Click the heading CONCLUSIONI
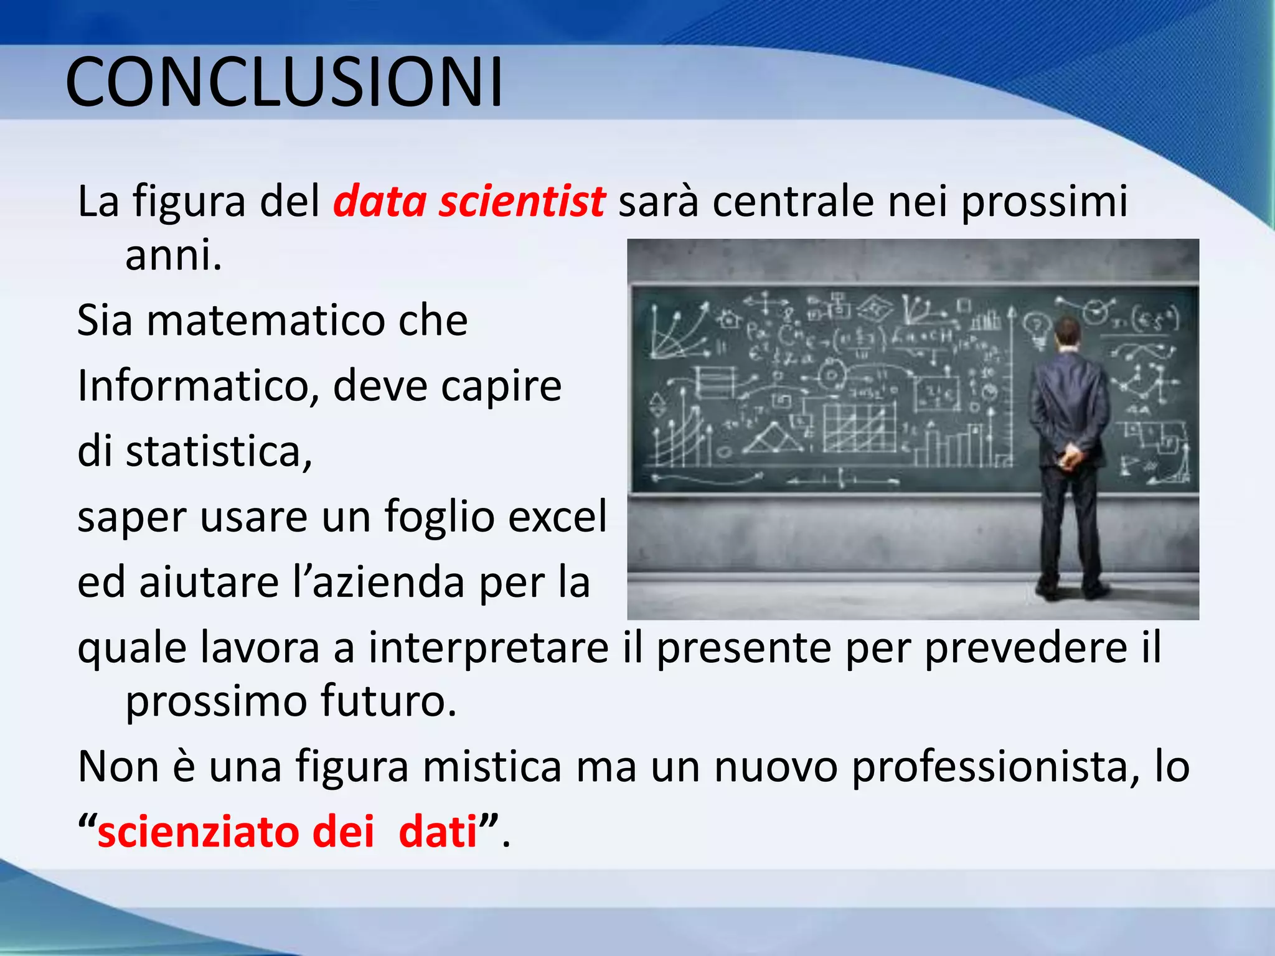(x=284, y=82)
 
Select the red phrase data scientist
(x=469, y=201)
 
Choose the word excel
(x=557, y=517)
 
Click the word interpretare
(x=489, y=648)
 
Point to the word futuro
(x=388, y=701)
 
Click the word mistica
(x=492, y=767)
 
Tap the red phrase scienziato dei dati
(x=287, y=832)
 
